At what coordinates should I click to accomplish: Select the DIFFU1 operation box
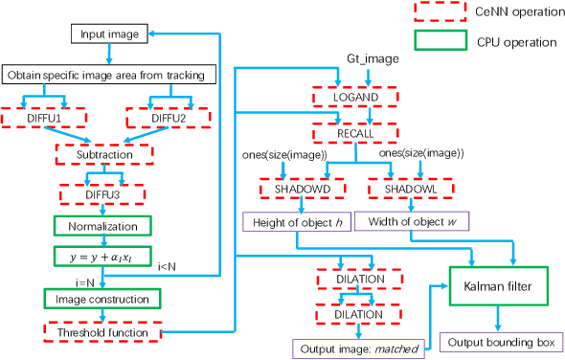tap(44, 117)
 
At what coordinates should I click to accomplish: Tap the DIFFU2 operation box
tap(169, 117)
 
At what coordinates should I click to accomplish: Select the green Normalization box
tap(102, 227)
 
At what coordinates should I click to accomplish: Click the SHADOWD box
tap(297, 188)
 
